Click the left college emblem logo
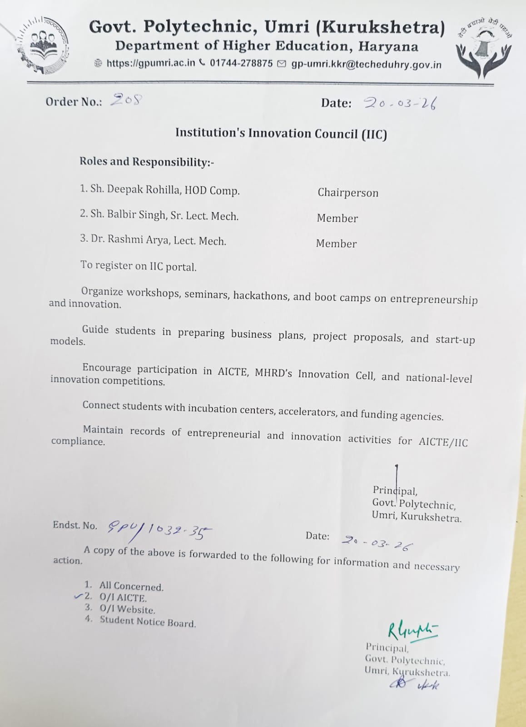point(43,45)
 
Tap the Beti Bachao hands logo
point(484,47)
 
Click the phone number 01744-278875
point(241,64)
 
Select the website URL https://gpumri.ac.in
point(150,63)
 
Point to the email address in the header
point(366,65)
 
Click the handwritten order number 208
point(127,100)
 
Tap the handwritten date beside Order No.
point(400,104)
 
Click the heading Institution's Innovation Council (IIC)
point(281,134)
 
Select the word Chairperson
point(347,193)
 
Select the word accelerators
point(307,412)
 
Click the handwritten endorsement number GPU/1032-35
point(159,530)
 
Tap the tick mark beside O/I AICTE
point(78,596)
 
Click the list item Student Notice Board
point(148,622)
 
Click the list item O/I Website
point(127,609)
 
